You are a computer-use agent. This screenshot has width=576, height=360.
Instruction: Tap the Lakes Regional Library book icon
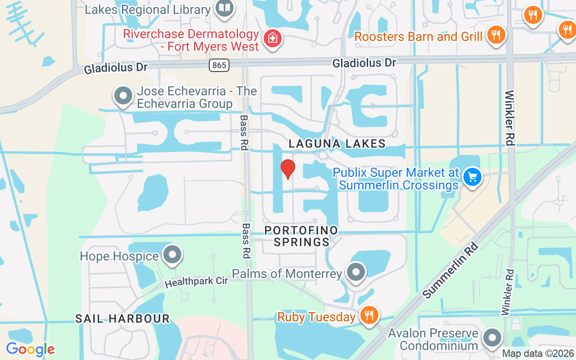pyautogui.click(x=224, y=8)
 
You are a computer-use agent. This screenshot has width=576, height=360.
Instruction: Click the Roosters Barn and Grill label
pyautogui.click(x=418, y=36)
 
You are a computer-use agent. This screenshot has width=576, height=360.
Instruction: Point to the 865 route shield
pyautogui.click(x=219, y=65)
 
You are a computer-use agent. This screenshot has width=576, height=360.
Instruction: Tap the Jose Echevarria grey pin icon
pyautogui.click(x=123, y=96)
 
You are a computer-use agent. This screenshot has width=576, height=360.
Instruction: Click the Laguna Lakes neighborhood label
pyautogui.click(x=337, y=144)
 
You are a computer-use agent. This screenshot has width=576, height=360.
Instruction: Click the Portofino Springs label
pyautogui.click(x=301, y=236)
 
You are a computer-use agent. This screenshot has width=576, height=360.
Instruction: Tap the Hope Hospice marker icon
pyautogui.click(x=172, y=255)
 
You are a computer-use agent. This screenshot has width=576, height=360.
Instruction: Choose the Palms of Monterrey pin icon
pyautogui.click(x=356, y=272)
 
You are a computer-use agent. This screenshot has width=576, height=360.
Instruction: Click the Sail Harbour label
pyautogui.click(x=122, y=319)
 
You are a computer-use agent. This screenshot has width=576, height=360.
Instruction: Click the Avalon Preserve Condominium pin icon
pyautogui.click(x=492, y=337)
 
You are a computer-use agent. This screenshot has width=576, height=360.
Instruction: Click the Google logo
pyautogui.click(x=30, y=349)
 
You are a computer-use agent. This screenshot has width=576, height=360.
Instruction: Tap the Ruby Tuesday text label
pyautogui.click(x=316, y=317)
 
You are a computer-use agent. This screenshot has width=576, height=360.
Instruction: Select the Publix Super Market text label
pyautogui.click(x=396, y=179)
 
